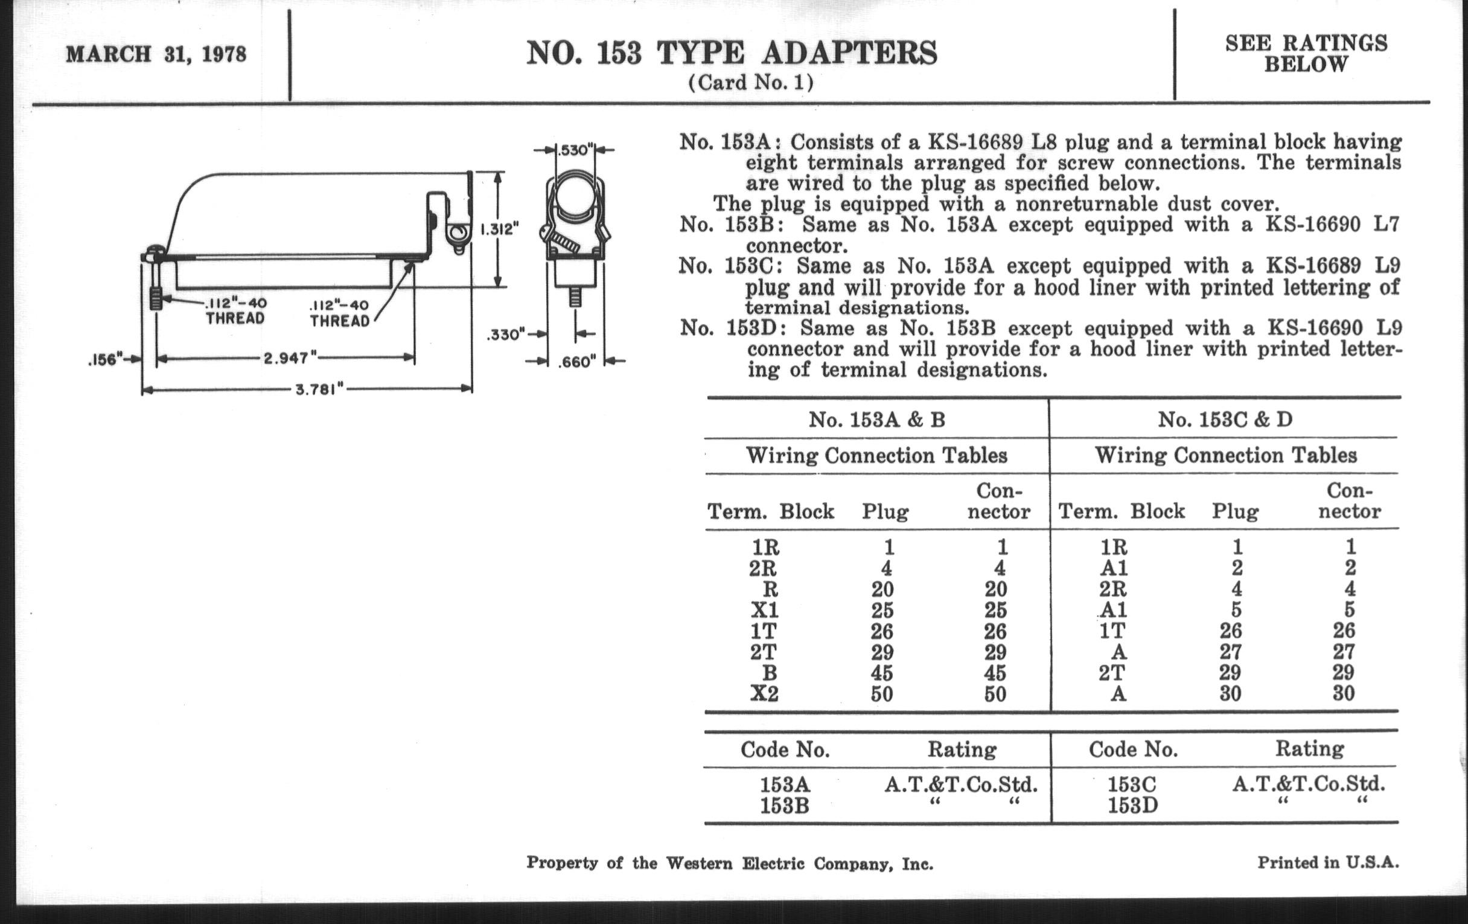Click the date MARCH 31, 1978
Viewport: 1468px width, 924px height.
click(x=156, y=54)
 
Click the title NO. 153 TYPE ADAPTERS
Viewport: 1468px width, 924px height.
click(x=732, y=53)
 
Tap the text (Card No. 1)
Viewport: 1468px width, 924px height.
click(x=751, y=82)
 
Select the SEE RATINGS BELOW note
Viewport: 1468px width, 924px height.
click(x=1306, y=54)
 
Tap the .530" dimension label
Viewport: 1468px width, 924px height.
click(x=573, y=149)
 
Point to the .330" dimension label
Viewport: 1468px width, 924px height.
click(x=505, y=334)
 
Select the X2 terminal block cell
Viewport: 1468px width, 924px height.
click(x=764, y=693)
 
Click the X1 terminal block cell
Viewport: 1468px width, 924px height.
click(x=764, y=610)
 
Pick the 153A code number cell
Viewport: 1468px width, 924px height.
click(x=785, y=784)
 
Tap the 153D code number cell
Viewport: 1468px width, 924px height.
click(x=1132, y=806)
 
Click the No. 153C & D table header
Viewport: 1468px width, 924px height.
click(x=1225, y=420)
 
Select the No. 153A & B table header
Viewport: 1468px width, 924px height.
click(x=876, y=420)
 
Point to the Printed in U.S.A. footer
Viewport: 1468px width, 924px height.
click(x=1328, y=862)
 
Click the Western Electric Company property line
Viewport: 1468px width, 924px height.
click(x=730, y=864)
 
